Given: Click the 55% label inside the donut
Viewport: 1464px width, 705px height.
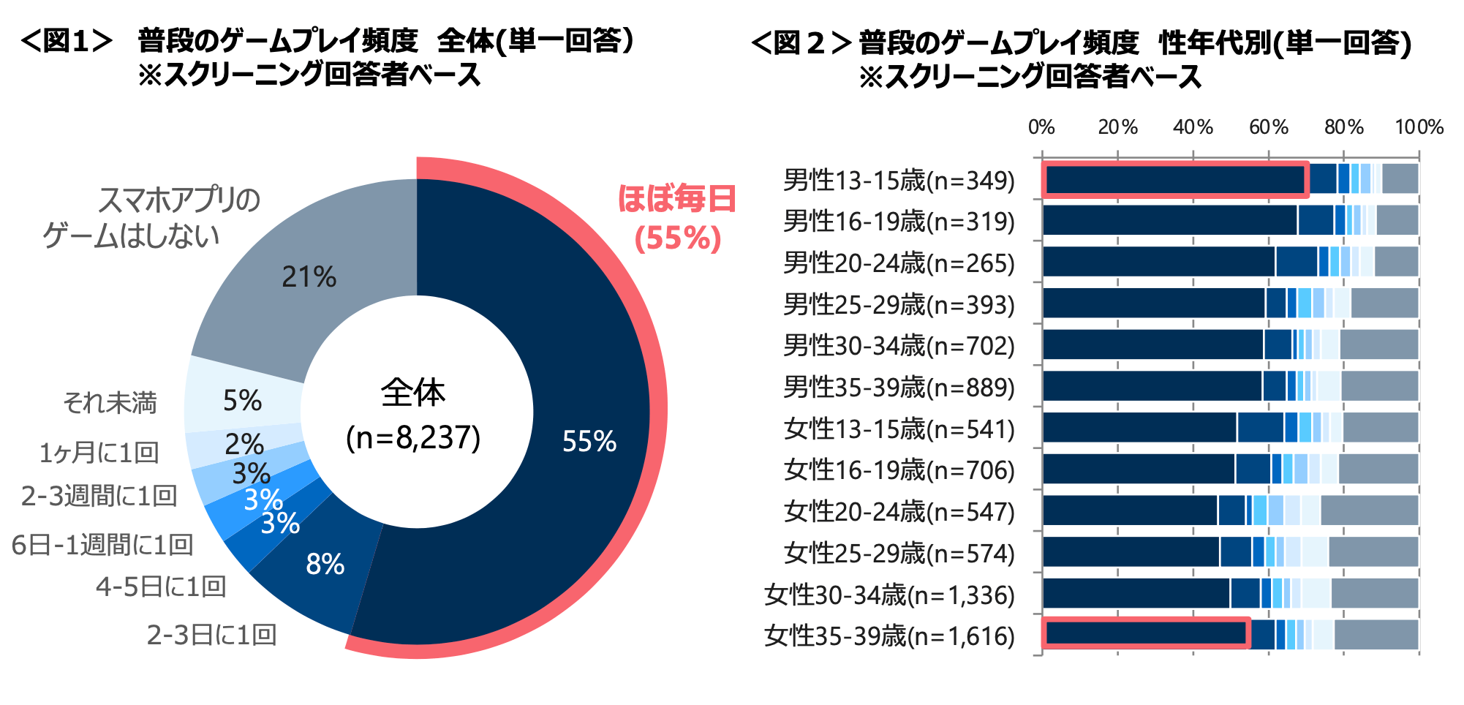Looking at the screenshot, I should point(589,441).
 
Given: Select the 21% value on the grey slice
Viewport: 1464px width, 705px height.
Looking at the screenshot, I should point(309,277).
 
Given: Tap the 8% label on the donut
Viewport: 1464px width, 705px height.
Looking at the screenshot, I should point(325,564).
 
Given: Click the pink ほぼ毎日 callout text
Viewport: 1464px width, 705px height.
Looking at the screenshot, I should point(676,199).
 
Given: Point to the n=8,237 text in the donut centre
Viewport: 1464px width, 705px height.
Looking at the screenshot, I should point(413,437).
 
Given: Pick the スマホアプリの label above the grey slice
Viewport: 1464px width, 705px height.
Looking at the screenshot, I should point(179,200).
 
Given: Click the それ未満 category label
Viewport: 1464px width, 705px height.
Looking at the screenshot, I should point(110,403).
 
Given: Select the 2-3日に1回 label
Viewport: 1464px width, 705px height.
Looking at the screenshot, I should point(211,635).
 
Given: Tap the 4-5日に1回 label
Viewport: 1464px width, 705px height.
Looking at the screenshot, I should point(161,587).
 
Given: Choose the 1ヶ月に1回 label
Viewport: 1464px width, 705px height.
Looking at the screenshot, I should point(99,453).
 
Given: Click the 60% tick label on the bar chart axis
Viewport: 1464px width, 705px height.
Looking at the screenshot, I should point(1269,127).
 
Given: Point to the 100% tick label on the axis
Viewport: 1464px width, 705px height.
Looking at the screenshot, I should point(1419,127).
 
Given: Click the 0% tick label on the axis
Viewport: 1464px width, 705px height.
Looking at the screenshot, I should point(1041,127).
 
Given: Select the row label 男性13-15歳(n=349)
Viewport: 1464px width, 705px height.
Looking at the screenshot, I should point(899,180).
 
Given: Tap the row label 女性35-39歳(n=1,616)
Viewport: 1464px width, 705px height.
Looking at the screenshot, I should point(889,636).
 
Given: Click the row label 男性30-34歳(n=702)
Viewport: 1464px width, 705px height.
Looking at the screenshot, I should point(899,345).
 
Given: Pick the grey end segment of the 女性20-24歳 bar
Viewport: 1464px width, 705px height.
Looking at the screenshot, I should point(1369,510).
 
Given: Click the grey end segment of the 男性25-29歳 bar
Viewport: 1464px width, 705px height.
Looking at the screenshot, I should point(1384,303).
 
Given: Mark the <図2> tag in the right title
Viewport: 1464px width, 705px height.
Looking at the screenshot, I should point(801,42).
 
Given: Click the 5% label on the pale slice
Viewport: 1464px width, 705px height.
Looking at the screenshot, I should point(242,401).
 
